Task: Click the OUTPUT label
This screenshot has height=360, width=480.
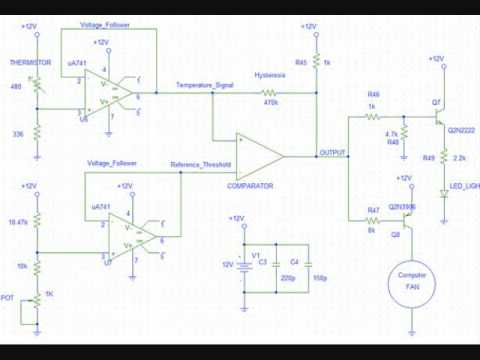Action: click(x=331, y=153)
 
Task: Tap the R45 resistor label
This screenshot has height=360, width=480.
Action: click(x=300, y=62)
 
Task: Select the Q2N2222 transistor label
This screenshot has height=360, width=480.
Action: click(x=460, y=130)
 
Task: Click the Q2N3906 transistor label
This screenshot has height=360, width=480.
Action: click(x=402, y=205)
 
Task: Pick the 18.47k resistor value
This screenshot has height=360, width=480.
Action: click(x=18, y=221)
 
